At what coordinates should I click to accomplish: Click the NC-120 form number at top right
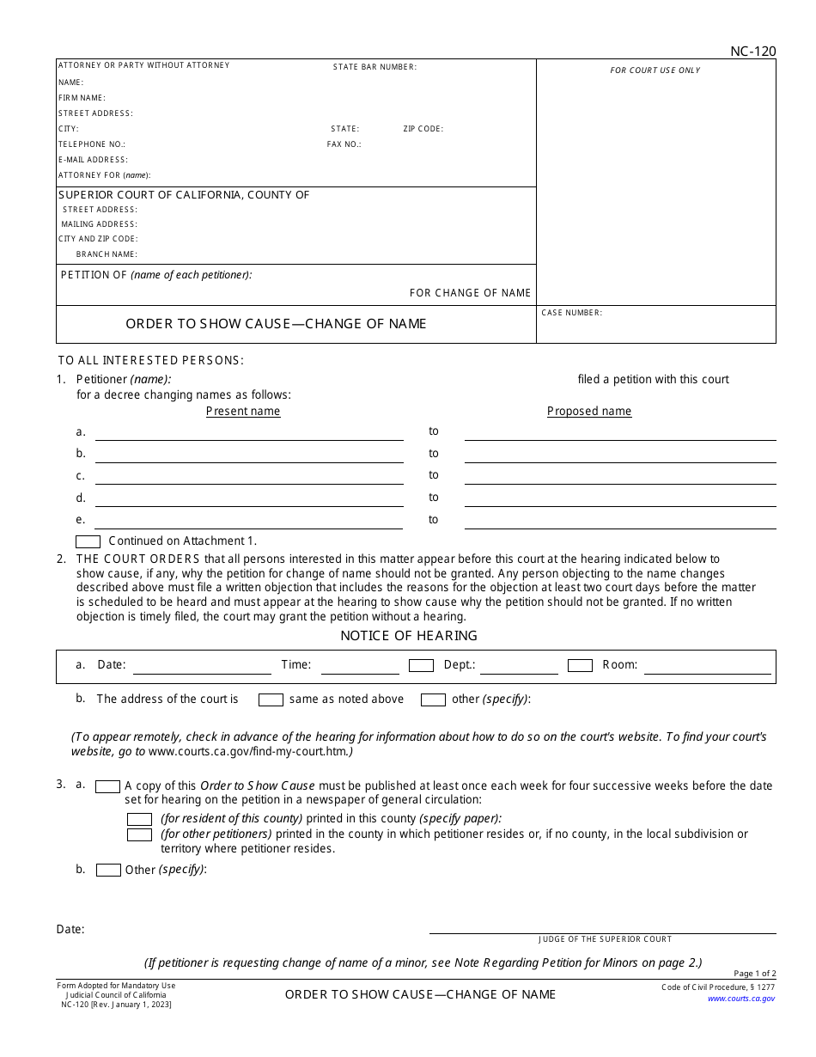(752, 52)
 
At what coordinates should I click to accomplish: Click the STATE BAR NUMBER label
(375, 67)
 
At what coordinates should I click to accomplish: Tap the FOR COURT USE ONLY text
(655, 70)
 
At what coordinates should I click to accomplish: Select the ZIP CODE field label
(423, 129)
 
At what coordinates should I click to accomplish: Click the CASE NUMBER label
(571, 313)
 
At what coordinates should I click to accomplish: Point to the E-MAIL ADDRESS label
(93, 160)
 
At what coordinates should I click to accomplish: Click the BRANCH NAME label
(107, 254)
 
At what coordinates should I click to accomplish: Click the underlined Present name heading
(243, 412)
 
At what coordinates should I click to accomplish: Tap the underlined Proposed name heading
(588, 412)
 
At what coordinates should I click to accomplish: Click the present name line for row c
(248, 481)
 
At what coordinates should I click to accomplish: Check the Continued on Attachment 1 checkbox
(88, 541)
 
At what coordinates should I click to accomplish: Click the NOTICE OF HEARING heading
(408, 636)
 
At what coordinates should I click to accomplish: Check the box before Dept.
(421, 665)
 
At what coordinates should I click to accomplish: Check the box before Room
(580, 665)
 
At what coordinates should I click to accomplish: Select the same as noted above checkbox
(271, 700)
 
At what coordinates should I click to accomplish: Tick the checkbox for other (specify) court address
(433, 700)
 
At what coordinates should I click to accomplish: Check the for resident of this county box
(139, 819)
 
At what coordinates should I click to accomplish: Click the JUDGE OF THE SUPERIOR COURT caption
(605, 939)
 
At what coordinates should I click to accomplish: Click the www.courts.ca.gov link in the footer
(740, 999)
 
